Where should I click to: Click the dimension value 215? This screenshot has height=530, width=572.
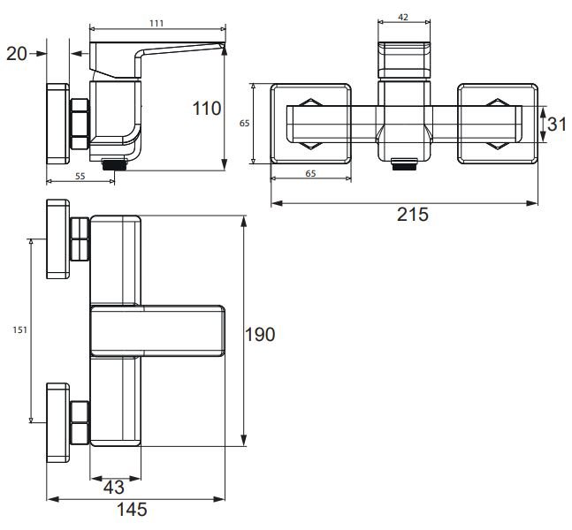click(x=413, y=215)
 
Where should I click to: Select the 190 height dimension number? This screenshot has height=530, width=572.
click(x=260, y=334)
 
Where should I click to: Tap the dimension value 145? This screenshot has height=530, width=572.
click(x=131, y=510)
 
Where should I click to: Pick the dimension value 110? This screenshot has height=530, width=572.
click(x=207, y=109)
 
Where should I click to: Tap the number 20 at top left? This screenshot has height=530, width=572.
click(x=16, y=54)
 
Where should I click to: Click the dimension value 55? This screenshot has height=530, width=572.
click(x=79, y=177)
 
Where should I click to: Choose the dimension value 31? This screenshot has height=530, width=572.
click(x=556, y=124)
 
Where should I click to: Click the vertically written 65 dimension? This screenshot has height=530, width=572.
click(x=244, y=124)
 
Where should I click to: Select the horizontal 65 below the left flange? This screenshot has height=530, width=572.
click(x=310, y=174)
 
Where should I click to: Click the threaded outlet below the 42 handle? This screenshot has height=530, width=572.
click(x=403, y=163)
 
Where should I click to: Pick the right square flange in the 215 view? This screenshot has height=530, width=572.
click(x=497, y=124)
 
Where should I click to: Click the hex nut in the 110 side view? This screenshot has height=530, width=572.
click(x=80, y=124)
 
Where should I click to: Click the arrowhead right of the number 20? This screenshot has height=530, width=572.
click(x=40, y=54)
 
